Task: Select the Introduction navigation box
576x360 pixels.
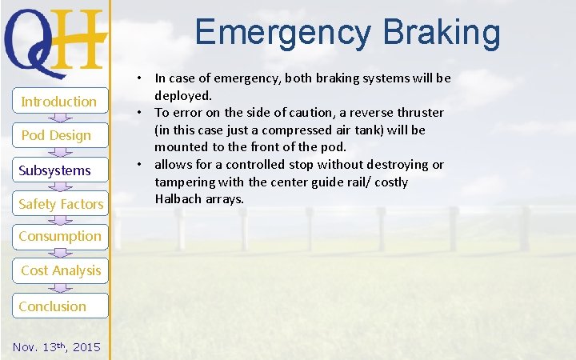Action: pyautogui.click(x=58, y=101)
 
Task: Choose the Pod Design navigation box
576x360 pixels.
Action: pyautogui.click(x=56, y=135)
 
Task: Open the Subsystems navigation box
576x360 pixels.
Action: pyautogui.click(x=55, y=170)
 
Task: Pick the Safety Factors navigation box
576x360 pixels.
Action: pyautogui.click(x=61, y=204)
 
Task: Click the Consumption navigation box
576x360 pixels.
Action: pyautogui.click(x=60, y=236)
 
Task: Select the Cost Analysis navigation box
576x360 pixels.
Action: pyautogui.click(x=61, y=270)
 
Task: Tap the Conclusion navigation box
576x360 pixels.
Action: pyautogui.click(x=53, y=306)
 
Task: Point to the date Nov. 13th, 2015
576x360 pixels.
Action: pyautogui.click(x=57, y=346)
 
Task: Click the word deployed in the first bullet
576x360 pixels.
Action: pyautogui.click(x=183, y=95)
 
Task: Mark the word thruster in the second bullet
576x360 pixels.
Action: pyautogui.click(x=418, y=113)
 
